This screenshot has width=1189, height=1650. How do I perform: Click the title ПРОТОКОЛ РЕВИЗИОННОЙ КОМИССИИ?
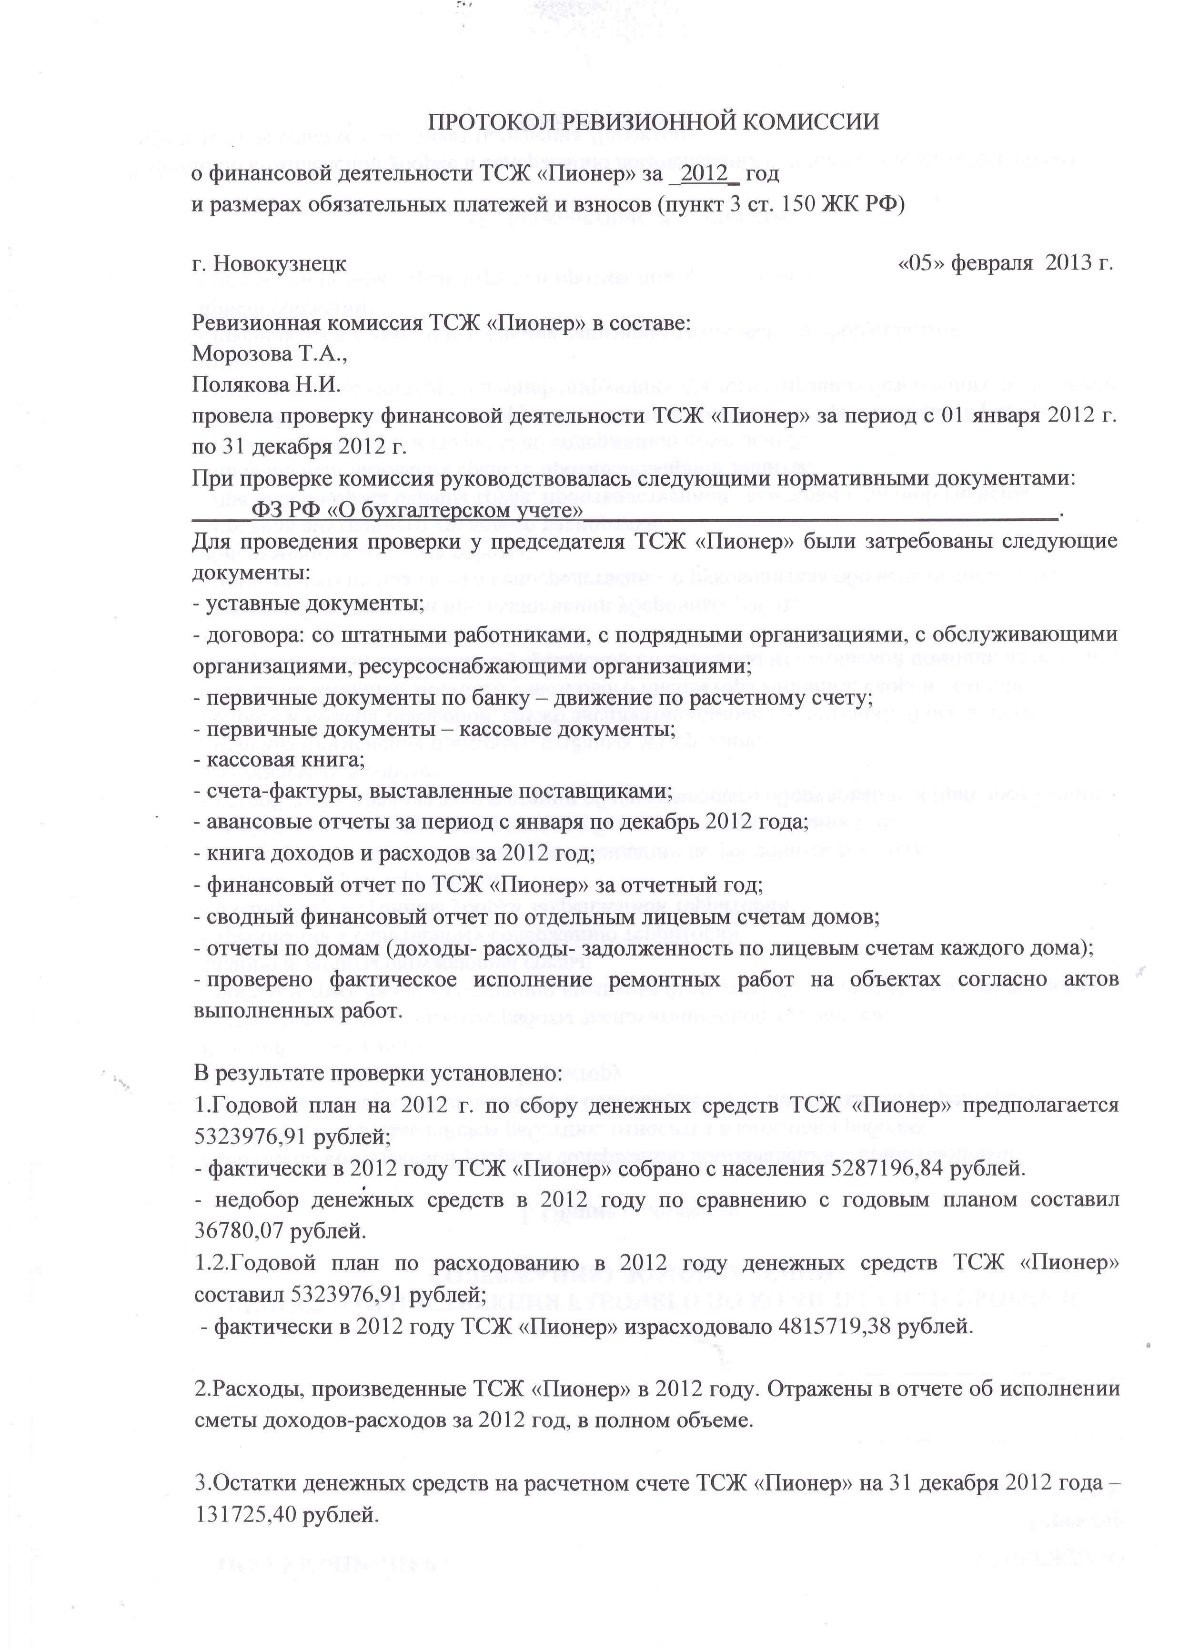point(652,121)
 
